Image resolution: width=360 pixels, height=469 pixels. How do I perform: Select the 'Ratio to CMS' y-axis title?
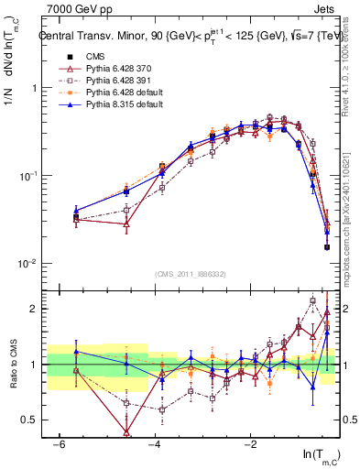coord(12,365)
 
